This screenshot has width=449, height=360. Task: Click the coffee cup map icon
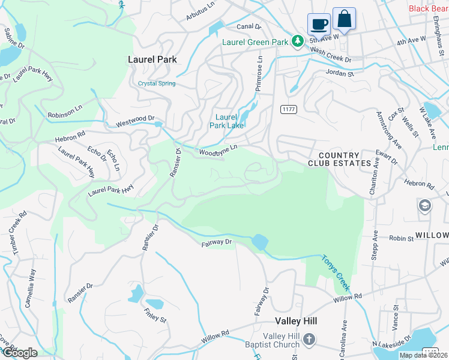(x=319, y=24)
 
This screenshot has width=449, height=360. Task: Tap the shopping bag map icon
(x=344, y=19)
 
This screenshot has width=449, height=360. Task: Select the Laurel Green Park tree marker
(x=297, y=41)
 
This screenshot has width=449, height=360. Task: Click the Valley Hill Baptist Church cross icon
(x=309, y=340)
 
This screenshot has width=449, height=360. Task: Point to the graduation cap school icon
(x=424, y=206)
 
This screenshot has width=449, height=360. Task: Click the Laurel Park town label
(x=152, y=59)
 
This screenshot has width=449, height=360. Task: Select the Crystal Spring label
(x=157, y=83)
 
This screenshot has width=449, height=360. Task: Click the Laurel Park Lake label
(x=226, y=121)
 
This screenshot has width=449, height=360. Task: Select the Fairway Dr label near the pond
(x=216, y=242)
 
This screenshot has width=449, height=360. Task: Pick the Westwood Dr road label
(x=135, y=122)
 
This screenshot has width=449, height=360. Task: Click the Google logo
(x=19, y=353)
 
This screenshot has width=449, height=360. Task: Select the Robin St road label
(x=401, y=238)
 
